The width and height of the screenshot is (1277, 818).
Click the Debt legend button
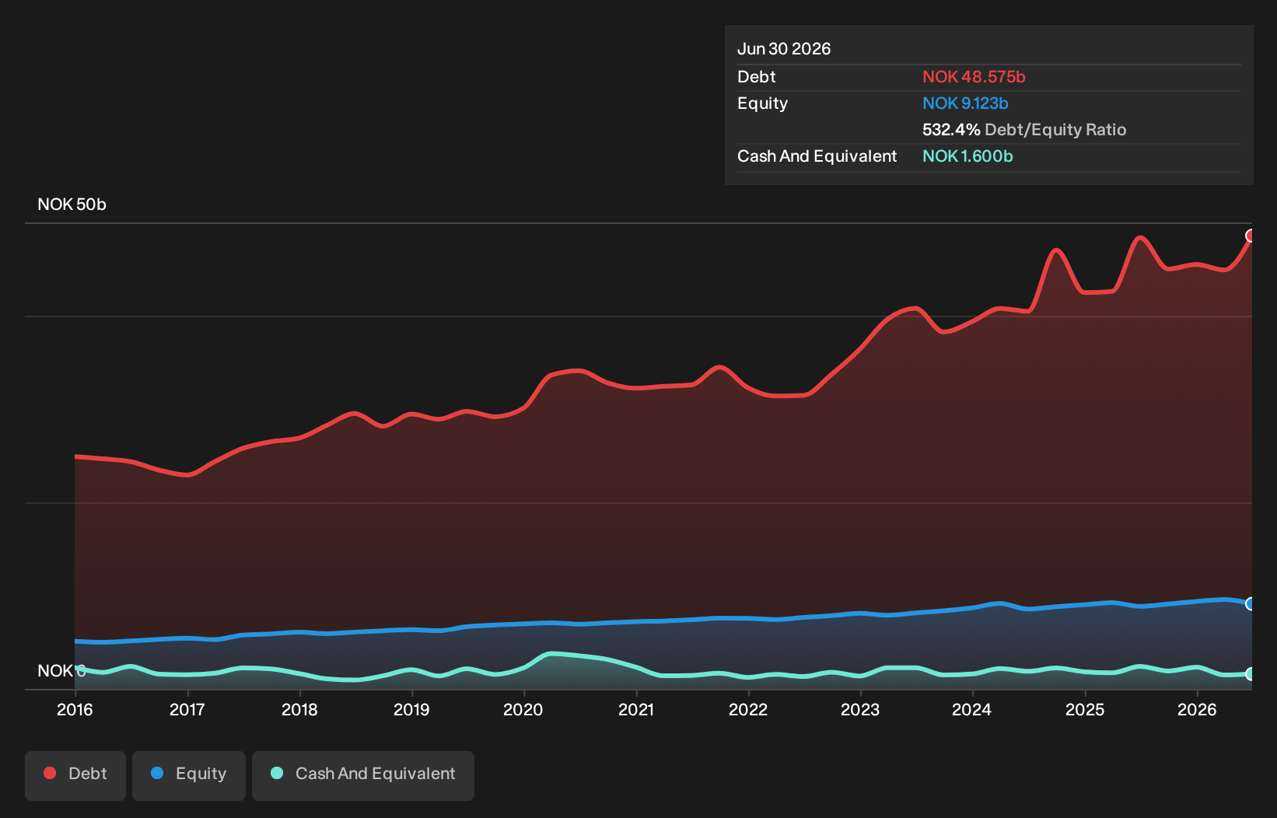pyautogui.click(x=75, y=775)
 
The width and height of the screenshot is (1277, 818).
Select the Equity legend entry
pyautogui.click(x=189, y=775)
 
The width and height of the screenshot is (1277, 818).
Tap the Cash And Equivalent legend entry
pyautogui.click(x=363, y=775)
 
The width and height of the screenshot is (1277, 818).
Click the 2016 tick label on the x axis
pyautogui.click(x=75, y=710)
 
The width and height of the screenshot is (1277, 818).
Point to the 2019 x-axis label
pyautogui.click(x=411, y=710)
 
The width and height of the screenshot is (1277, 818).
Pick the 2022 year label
pyautogui.click(x=748, y=710)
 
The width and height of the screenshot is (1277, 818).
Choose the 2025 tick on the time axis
pyautogui.click(x=1085, y=710)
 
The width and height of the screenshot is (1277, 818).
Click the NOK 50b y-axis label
pyautogui.click(x=72, y=204)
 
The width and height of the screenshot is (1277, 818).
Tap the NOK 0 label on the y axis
pyautogui.click(x=61, y=671)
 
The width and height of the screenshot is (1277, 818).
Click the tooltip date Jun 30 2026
pyautogui.click(x=784, y=49)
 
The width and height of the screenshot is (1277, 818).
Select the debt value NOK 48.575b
pyautogui.click(x=974, y=77)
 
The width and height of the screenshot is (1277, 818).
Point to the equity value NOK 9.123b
pyautogui.click(x=965, y=103)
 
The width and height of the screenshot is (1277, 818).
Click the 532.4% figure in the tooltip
pyautogui.click(x=951, y=130)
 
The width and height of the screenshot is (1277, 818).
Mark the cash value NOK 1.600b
pyautogui.click(x=967, y=156)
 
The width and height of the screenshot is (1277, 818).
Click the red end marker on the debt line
pyautogui.click(x=1250, y=236)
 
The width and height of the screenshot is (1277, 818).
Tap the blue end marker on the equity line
pyautogui.click(x=1250, y=603)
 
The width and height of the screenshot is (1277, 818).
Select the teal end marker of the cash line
pyautogui.click(x=1250, y=674)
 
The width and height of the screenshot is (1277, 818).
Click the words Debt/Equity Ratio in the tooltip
pyautogui.click(x=1055, y=130)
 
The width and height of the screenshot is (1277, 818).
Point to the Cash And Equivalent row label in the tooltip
pyautogui.click(x=817, y=156)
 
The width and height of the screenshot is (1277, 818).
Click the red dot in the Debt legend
pyautogui.click(x=51, y=773)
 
